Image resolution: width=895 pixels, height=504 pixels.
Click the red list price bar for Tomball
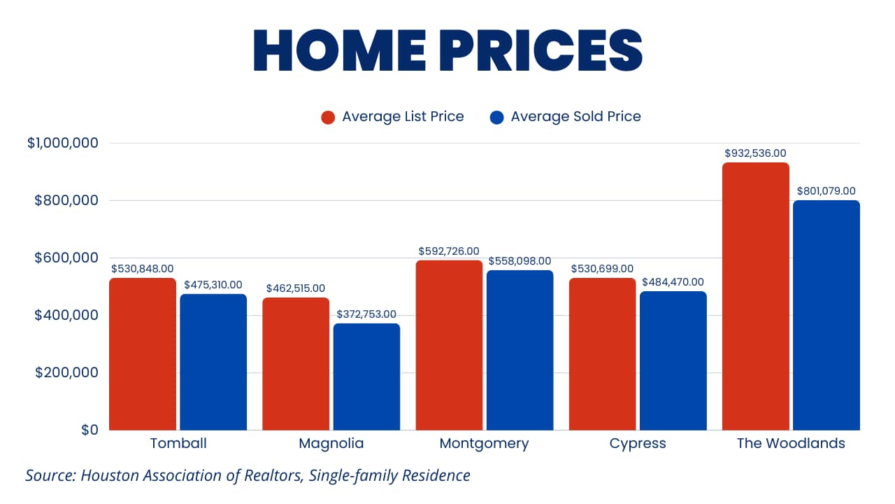tap(143, 353)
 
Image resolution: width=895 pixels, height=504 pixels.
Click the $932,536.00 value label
tap(755, 153)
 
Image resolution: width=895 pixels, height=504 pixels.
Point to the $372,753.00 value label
tap(366, 314)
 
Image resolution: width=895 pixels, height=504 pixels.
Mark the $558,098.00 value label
tap(520, 261)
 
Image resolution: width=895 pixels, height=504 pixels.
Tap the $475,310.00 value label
tap(213, 285)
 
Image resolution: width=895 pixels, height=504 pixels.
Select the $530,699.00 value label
tap(602, 269)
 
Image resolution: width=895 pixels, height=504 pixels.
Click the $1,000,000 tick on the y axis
tap(63, 143)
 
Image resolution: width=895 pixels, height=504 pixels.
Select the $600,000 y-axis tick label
tap(67, 258)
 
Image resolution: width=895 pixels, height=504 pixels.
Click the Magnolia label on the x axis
tap(331, 443)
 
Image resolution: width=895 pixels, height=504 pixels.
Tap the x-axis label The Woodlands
tap(791, 443)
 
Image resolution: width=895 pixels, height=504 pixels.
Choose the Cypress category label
tap(638, 443)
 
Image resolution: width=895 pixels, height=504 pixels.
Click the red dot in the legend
tap(328, 117)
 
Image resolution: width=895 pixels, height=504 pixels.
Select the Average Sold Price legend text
tap(575, 116)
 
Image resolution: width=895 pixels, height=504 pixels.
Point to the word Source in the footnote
tap(50, 476)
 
